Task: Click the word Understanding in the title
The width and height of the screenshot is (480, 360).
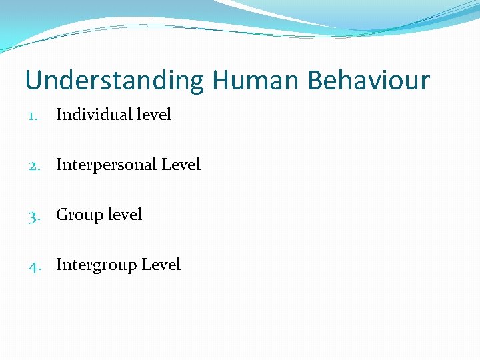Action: (115, 81)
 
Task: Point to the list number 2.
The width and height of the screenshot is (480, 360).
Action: (33, 165)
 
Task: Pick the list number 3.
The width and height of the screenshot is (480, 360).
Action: (33, 215)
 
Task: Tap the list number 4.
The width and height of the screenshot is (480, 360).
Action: (33, 265)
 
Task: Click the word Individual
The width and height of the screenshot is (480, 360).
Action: (94, 115)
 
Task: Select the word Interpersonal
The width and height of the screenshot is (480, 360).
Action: (107, 165)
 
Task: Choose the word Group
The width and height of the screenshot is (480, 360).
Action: (79, 215)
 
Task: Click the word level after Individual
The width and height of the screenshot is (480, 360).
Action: (154, 115)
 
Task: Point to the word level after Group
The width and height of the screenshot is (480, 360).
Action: (125, 215)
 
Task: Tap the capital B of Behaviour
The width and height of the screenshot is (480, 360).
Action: (315, 81)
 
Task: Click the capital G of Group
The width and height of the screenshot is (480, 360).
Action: (62, 215)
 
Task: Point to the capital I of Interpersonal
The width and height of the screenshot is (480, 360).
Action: (59, 165)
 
